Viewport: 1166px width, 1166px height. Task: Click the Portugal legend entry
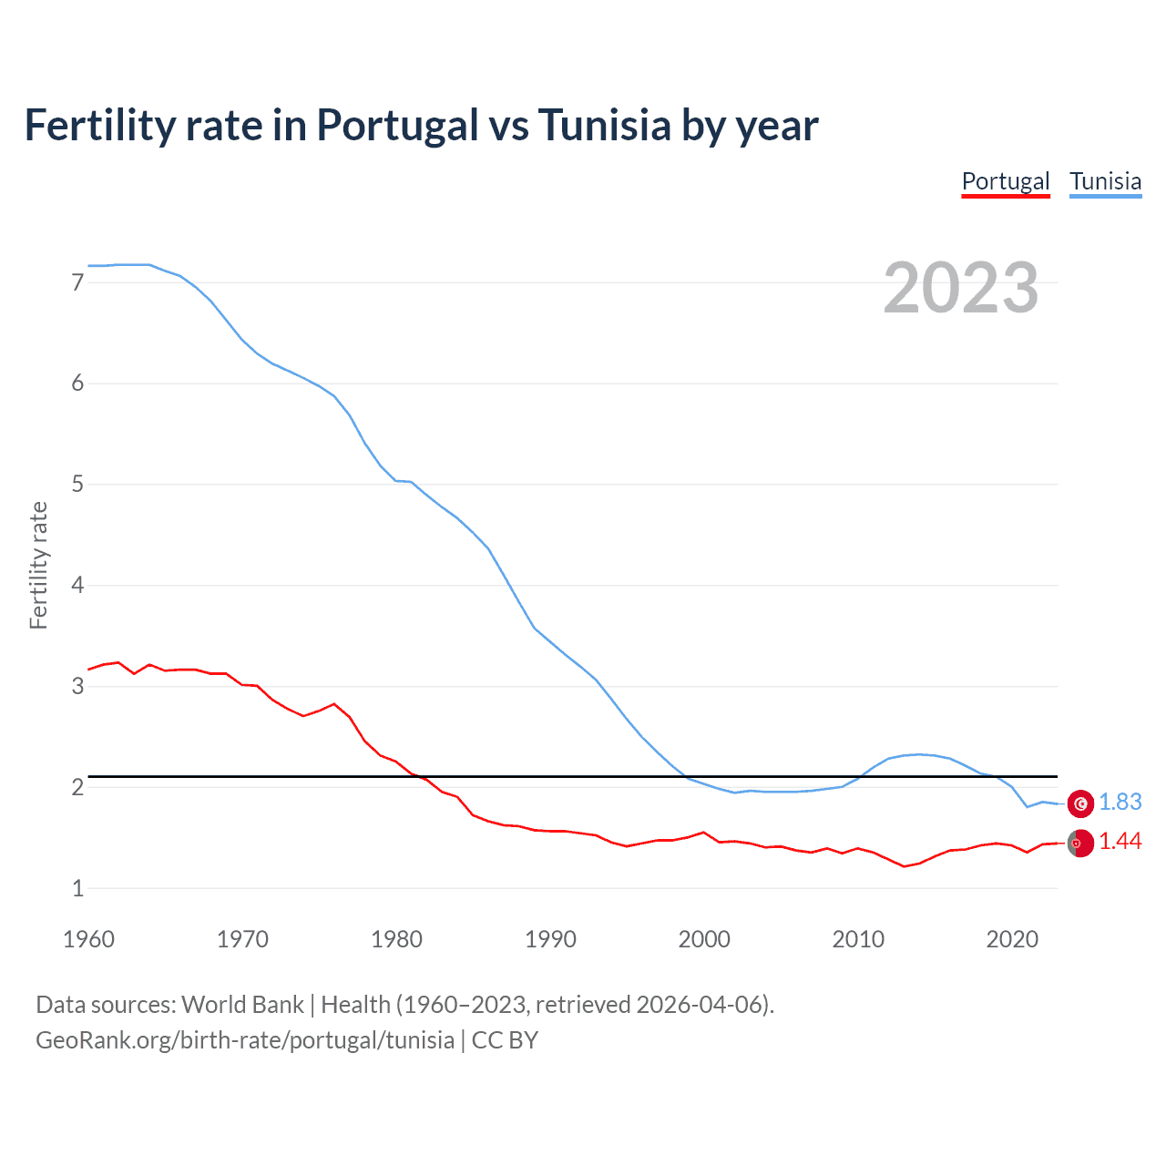tap(1006, 181)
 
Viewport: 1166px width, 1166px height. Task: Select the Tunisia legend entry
tap(1105, 181)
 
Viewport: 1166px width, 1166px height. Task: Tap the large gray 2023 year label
tap(960, 288)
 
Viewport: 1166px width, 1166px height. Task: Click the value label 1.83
tap(1120, 802)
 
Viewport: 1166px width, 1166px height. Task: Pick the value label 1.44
tap(1120, 842)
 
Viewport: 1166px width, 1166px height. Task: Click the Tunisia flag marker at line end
tap(1080, 803)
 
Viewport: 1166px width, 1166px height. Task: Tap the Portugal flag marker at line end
tap(1080, 844)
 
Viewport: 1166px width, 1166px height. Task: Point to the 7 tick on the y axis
tap(77, 282)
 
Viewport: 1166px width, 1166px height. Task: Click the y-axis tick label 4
tap(77, 585)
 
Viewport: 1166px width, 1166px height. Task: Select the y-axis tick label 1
tap(77, 888)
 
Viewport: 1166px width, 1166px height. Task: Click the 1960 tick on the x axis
tap(88, 939)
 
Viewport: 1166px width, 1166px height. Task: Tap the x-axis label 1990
tap(550, 939)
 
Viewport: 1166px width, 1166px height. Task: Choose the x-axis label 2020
tap(1012, 939)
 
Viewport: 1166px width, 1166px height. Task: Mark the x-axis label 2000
tap(704, 939)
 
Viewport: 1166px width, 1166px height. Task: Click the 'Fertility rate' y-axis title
tap(38, 565)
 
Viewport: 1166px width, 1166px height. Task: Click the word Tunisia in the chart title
tap(604, 125)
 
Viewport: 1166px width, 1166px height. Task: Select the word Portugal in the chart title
tap(397, 125)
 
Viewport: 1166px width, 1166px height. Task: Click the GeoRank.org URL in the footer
tap(244, 1039)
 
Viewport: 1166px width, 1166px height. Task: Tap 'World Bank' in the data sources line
tap(242, 1004)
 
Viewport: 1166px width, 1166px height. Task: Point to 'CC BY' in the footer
tap(505, 1039)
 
